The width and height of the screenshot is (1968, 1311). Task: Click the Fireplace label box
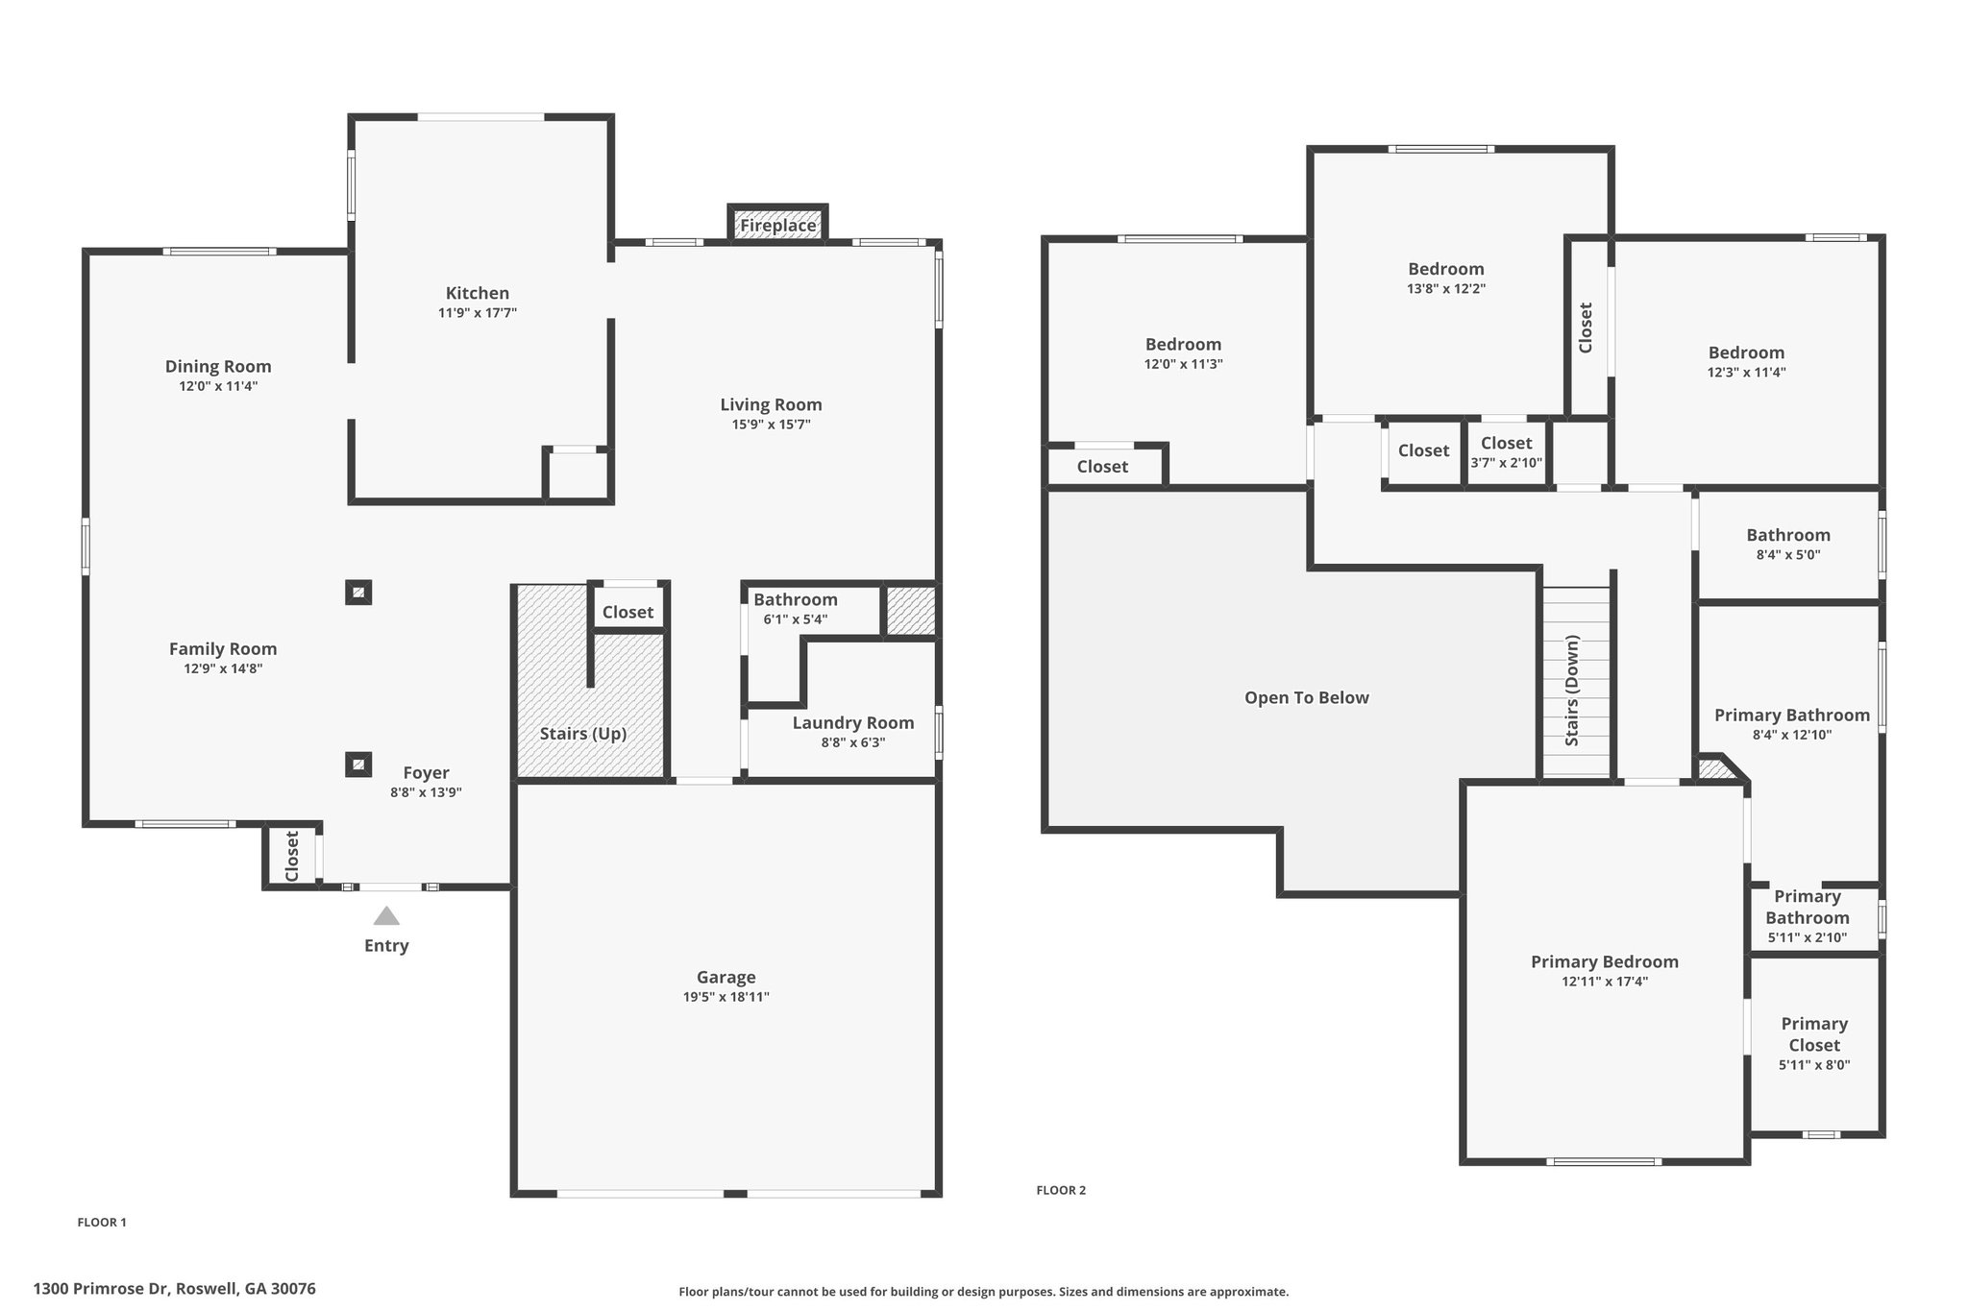(777, 226)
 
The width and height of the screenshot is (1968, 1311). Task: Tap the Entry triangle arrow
(386, 916)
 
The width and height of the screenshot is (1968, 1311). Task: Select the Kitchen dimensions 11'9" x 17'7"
(478, 313)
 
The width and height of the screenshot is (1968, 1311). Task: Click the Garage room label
(726, 977)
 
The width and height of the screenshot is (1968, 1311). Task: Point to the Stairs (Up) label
(583, 734)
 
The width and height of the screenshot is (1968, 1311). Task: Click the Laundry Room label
(852, 722)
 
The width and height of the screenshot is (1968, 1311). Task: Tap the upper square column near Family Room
(358, 593)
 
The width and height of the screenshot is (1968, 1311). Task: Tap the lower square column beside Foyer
(358, 765)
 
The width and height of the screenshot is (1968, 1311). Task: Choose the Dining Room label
(218, 366)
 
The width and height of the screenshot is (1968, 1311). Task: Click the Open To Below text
(1306, 698)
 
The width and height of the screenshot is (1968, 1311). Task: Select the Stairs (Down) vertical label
(1572, 691)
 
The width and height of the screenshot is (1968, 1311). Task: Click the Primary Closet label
(1814, 1034)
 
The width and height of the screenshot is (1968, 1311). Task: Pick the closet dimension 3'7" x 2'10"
(1506, 463)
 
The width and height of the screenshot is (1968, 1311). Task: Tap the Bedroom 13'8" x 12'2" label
(1446, 269)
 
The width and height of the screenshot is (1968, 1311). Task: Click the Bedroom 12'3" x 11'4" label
(1746, 352)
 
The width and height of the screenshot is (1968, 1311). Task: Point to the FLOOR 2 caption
(1061, 1190)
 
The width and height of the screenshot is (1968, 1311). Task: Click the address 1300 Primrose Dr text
(174, 1289)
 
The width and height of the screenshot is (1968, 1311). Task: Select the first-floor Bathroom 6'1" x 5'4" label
(795, 599)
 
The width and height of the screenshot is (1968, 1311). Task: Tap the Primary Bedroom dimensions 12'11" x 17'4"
(1605, 982)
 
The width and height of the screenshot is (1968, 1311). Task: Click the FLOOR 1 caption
(102, 1223)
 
